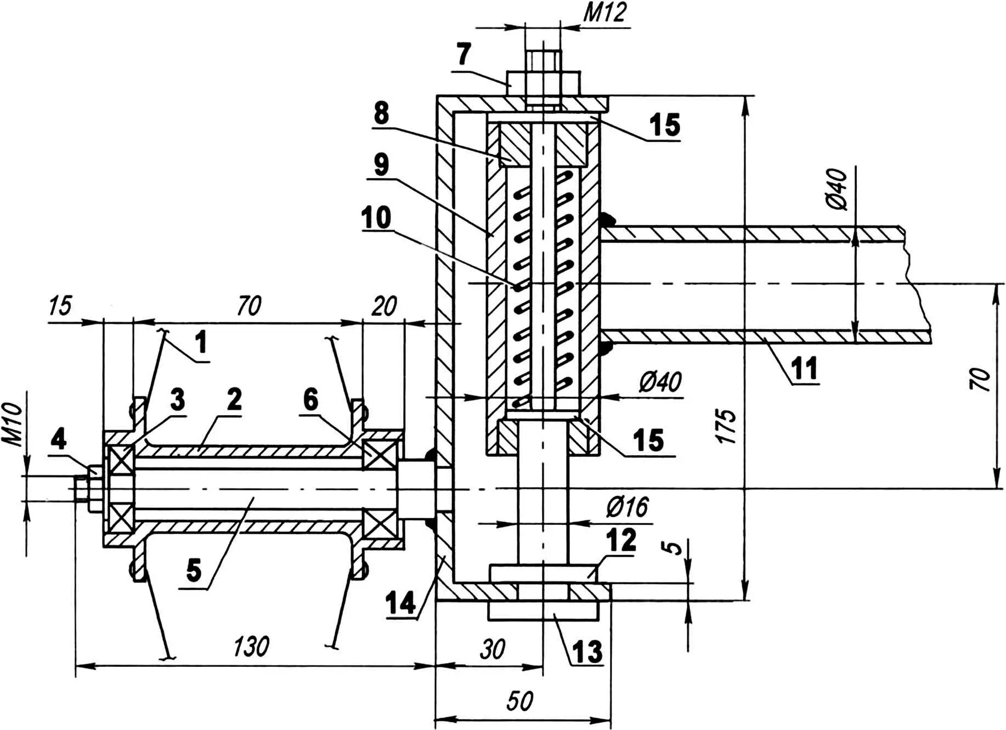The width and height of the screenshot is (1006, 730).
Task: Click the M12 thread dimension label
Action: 604,12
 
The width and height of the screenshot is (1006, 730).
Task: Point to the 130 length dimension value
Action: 251,647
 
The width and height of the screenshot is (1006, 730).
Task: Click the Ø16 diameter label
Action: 628,507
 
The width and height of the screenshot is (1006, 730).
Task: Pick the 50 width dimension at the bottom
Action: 519,701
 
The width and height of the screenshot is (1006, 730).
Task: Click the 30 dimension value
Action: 492,649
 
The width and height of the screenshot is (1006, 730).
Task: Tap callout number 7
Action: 464,54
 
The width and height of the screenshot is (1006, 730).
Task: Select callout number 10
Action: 376,217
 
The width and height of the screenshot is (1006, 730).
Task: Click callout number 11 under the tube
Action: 804,368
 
